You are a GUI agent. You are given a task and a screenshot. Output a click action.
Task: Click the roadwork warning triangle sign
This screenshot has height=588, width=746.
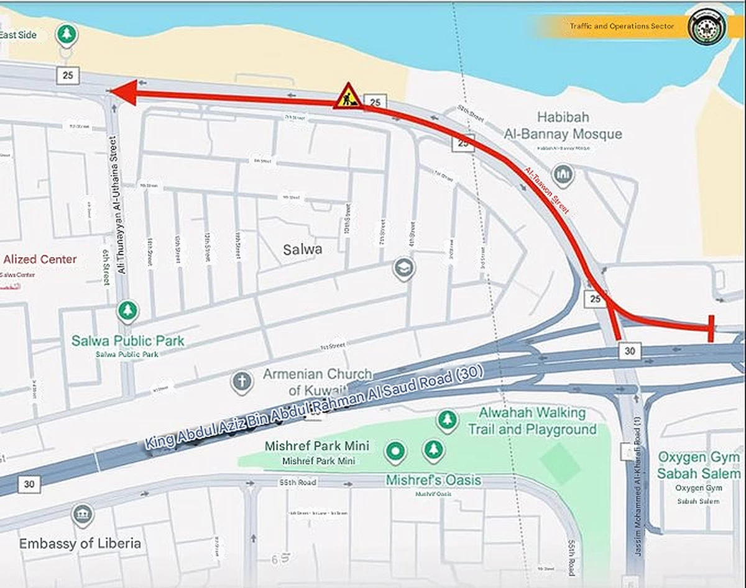click(x=348, y=97)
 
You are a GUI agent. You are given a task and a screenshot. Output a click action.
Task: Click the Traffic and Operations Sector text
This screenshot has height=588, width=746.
click(x=612, y=26)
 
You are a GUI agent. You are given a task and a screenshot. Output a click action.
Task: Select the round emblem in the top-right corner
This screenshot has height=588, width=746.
click(x=707, y=25)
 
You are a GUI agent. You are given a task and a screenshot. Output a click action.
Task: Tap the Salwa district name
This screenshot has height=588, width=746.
click(x=303, y=250)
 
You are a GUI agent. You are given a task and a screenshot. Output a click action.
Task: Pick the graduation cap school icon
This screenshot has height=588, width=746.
click(x=404, y=268)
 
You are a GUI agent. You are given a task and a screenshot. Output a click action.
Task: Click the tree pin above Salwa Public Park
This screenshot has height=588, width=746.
click(x=127, y=310)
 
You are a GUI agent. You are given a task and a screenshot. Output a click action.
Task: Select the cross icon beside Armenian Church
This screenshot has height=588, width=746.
click(x=242, y=381)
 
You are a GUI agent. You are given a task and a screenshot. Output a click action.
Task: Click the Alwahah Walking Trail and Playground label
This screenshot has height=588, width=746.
click(x=532, y=420)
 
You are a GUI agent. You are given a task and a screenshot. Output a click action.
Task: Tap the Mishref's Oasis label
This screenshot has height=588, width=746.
click(x=433, y=481)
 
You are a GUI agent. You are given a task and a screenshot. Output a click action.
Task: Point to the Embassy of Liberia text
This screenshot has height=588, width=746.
click(x=80, y=544)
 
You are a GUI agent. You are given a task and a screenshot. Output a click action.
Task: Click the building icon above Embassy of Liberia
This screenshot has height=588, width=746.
click(x=82, y=515)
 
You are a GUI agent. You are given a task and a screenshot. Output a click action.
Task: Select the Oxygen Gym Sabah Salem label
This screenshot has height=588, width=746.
click(x=699, y=466)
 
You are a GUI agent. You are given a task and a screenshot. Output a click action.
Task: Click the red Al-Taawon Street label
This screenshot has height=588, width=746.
click(x=547, y=191)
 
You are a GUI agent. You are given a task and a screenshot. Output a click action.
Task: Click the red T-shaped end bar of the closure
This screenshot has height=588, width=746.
click(x=711, y=328)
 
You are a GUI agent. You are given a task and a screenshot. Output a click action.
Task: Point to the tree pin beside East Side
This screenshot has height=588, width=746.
click(x=66, y=35)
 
